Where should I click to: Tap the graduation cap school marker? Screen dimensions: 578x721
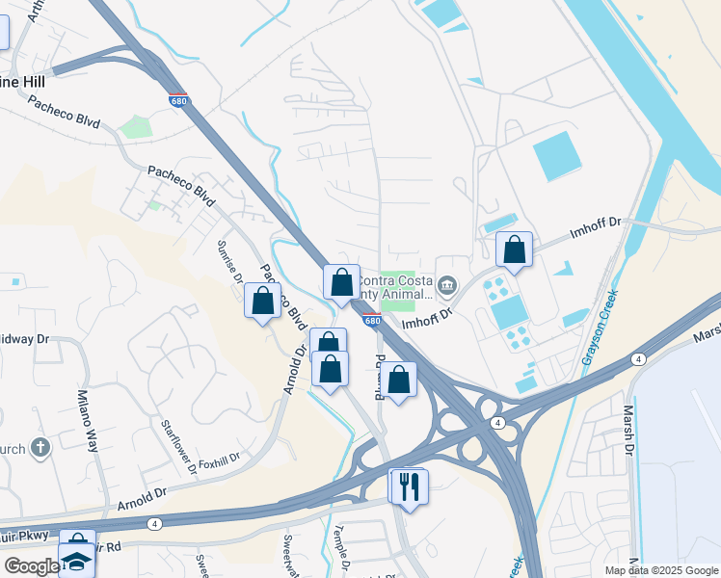(76, 561)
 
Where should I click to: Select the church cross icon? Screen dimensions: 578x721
(40, 447)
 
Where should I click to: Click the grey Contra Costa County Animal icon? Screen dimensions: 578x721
(447, 285)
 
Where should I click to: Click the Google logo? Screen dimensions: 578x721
(32, 566)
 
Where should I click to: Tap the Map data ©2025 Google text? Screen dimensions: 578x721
(661, 570)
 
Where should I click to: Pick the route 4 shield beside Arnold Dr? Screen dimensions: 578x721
(154, 523)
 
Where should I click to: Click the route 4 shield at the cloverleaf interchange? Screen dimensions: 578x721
(496, 423)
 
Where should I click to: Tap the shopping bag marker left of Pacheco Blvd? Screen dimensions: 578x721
(262, 302)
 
